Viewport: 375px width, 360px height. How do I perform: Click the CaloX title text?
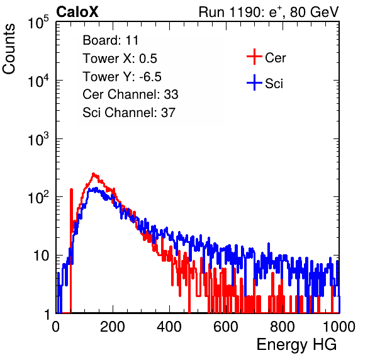pos(77,12)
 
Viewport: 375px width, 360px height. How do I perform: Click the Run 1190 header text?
pos(269,12)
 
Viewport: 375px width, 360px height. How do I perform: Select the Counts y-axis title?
pos(9,49)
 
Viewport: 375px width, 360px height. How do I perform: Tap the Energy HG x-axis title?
pos(296,345)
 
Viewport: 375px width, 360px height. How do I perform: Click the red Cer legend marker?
pos(254,57)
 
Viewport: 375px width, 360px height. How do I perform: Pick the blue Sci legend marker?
pos(254,82)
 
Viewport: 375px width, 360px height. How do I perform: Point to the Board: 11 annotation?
pos(111,40)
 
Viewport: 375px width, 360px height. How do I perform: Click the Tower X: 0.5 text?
pos(120,59)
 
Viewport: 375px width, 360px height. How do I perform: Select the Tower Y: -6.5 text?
pos(122,77)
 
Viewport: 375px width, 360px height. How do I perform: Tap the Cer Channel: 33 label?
pos(130,94)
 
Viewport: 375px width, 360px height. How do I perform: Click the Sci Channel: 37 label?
pos(129,113)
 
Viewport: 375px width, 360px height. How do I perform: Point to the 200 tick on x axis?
pos(113,327)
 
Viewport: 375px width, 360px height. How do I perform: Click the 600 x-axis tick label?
pos(226,327)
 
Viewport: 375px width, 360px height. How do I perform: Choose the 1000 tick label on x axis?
pos(339,327)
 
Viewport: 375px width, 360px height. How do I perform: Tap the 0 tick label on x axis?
pos(55,327)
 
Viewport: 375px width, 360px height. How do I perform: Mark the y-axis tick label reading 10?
pos(41,256)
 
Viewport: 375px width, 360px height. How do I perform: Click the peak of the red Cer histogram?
pos(94,174)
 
